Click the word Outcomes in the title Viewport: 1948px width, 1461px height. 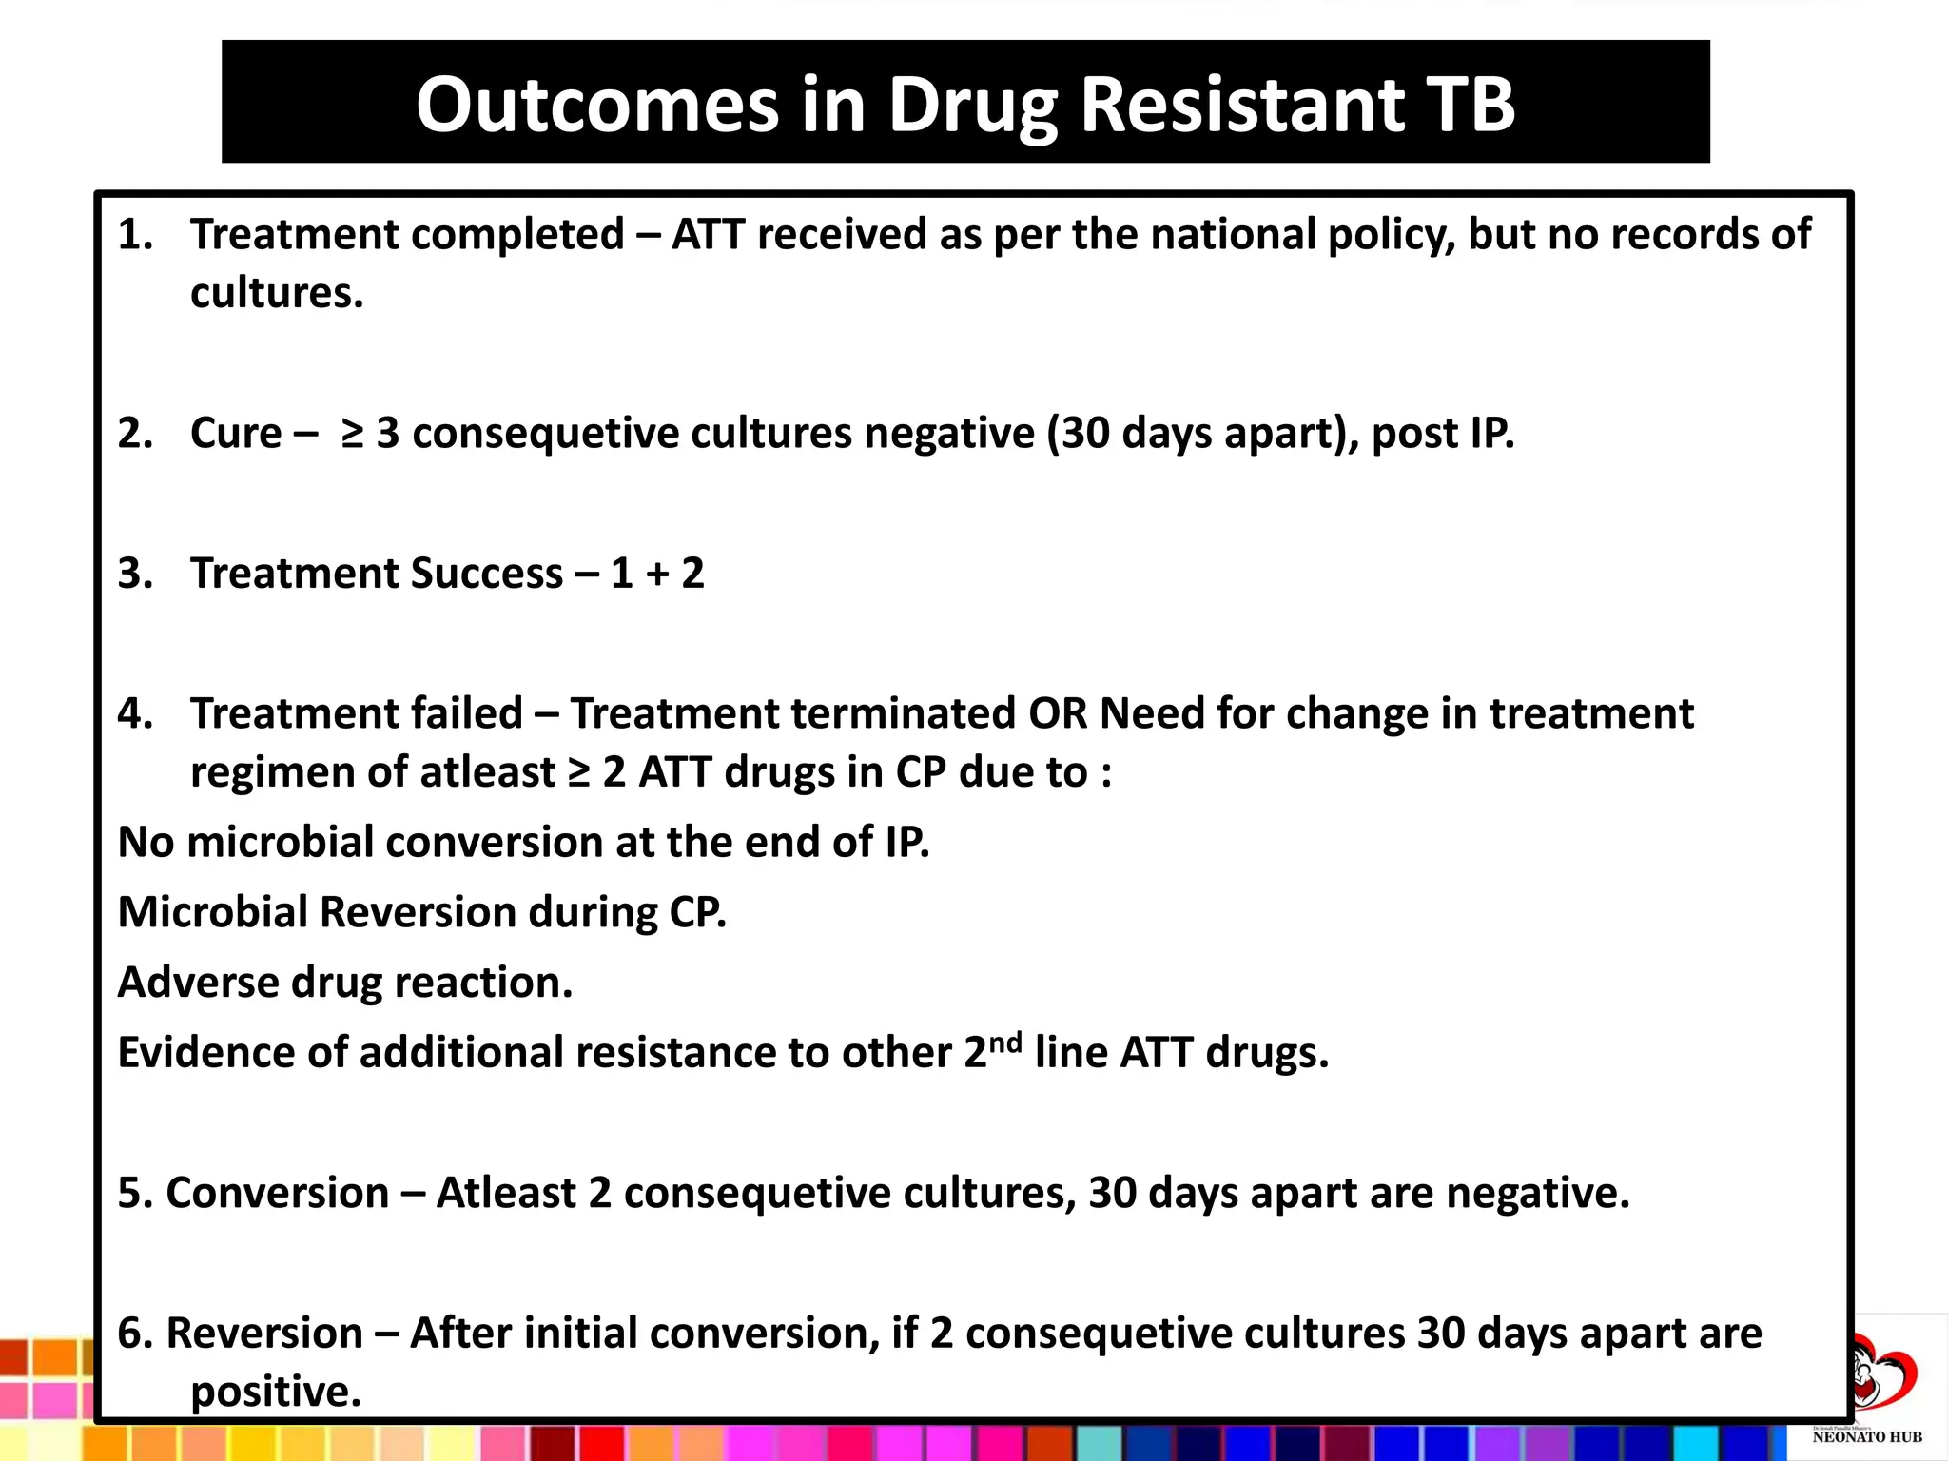(x=597, y=105)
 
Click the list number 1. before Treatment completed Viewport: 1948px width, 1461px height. (x=135, y=235)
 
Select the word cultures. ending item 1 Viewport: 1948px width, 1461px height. (x=277, y=293)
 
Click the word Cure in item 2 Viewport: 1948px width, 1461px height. (x=236, y=434)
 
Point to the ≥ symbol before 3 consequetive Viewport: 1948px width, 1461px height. (x=353, y=434)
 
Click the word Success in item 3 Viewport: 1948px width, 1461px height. (x=486, y=574)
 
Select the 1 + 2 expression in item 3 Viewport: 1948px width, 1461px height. (x=657, y=574)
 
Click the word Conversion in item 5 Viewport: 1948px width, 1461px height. (x=277, y=1193)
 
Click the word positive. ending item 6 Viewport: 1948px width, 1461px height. (x=276, y=1393)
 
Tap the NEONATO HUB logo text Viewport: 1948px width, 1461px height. (x=1867, y=1437)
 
